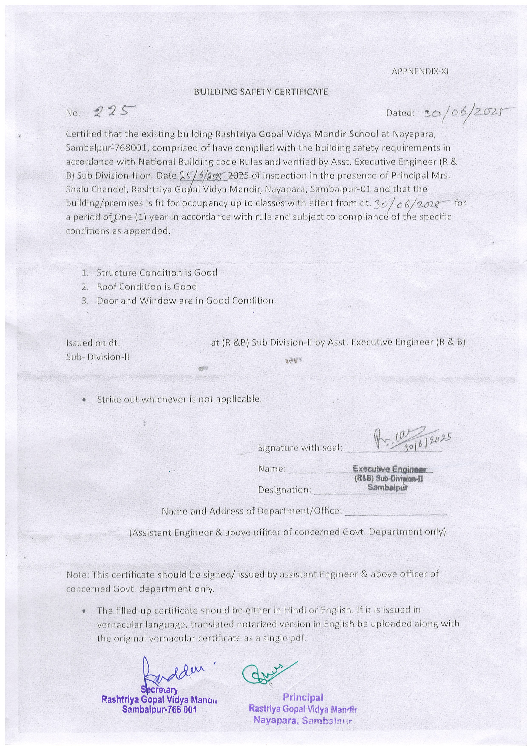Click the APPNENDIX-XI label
(x=420, y=71)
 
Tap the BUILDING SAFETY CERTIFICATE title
(x=261, y=92)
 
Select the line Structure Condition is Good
(x=157, y=273)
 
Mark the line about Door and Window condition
(x=185, y=300)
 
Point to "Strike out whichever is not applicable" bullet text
(x=179, y=399)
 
